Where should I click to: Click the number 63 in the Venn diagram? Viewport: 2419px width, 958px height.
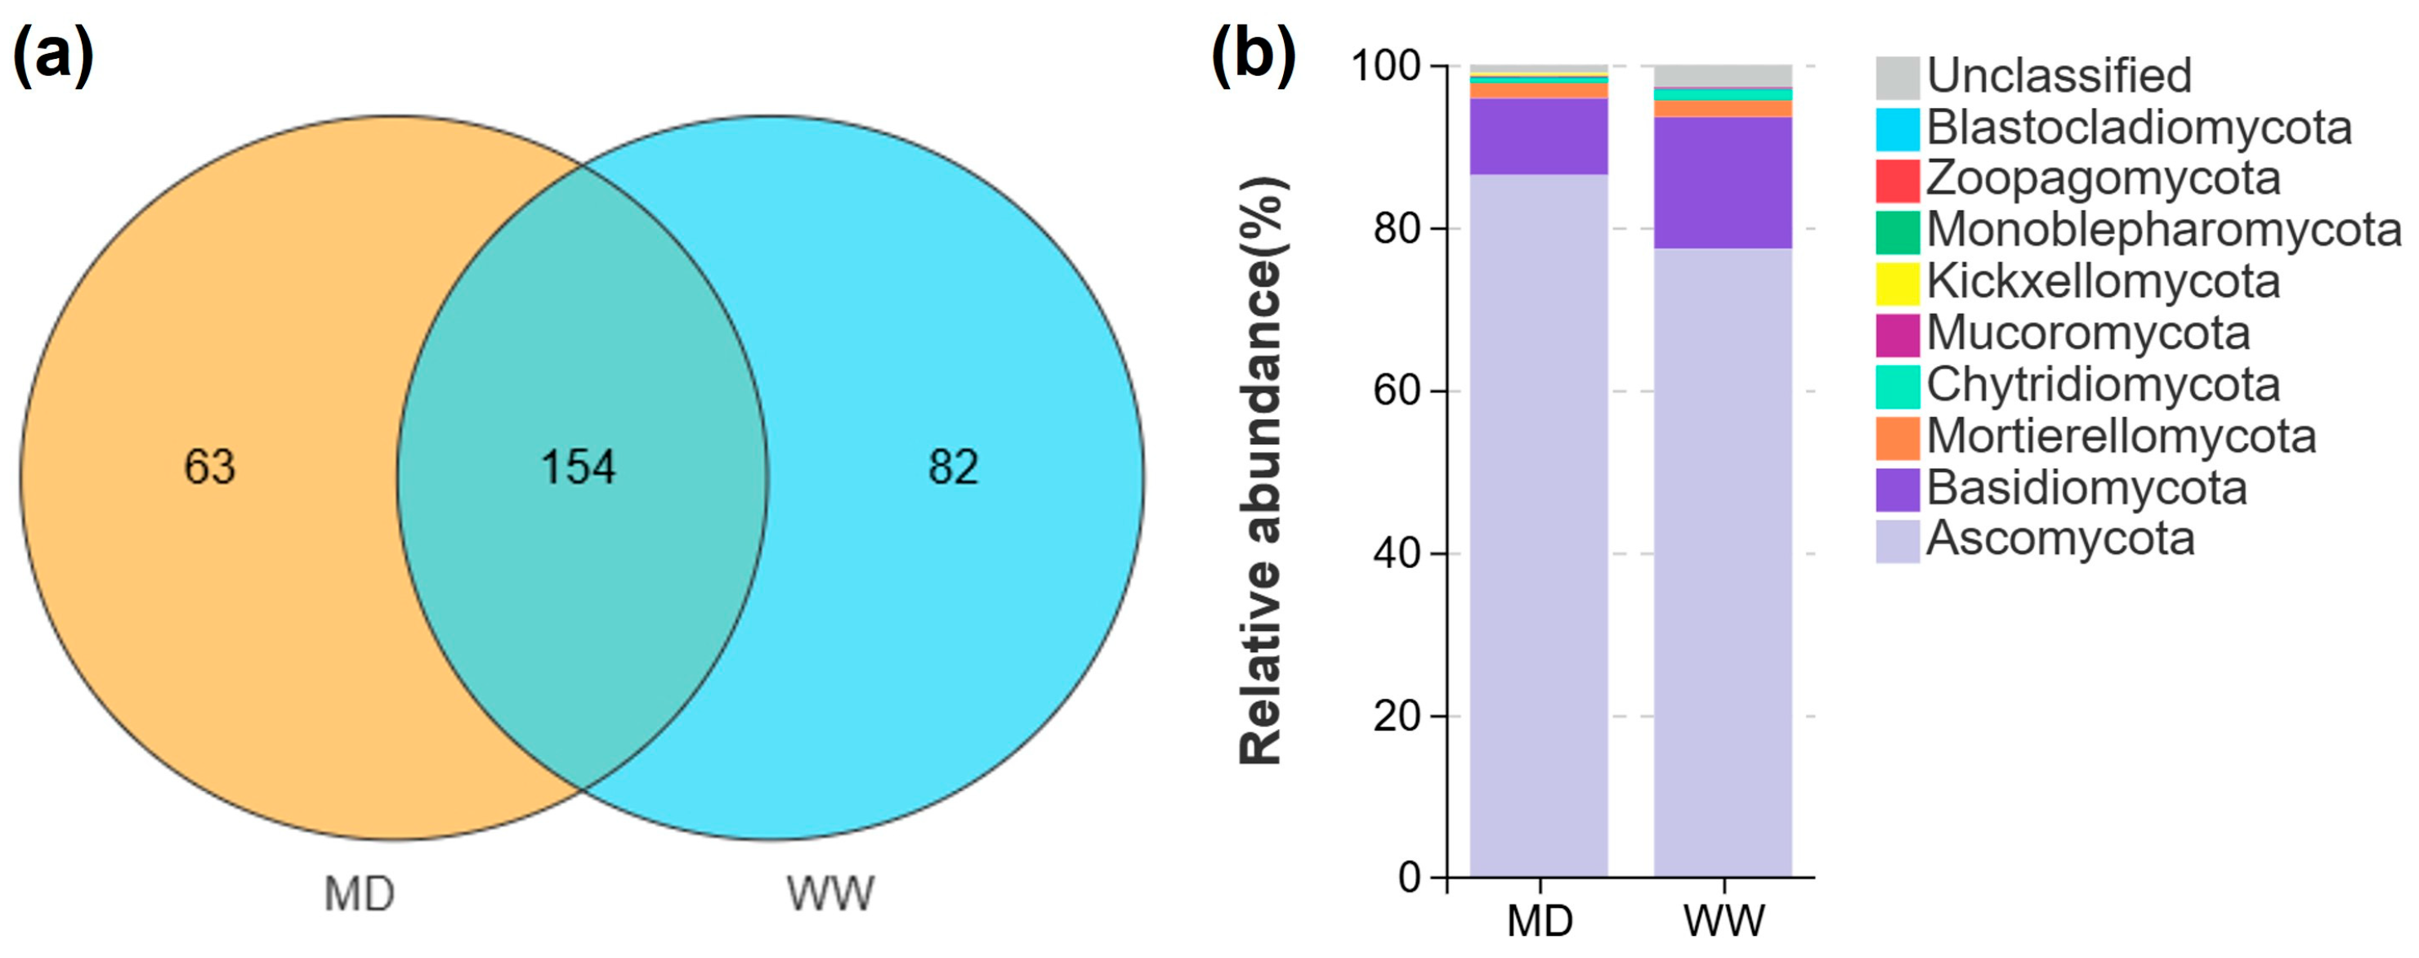coord(208,467)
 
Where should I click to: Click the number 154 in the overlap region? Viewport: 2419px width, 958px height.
coord(578,467)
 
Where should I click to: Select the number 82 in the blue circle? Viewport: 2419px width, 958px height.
coord(953,467)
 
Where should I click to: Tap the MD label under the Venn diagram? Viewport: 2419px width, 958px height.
coord(359,894)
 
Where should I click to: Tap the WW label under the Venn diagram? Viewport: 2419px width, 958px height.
coord(830,894)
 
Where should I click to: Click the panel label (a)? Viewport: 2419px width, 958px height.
coord(53,55)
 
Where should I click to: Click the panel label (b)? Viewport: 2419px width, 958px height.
coord(1253,55)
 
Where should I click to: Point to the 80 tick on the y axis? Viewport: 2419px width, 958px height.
coord(1397,228)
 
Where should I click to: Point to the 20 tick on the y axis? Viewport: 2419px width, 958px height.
coord(1397,716)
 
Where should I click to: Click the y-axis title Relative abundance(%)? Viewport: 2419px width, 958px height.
coord(1261,470)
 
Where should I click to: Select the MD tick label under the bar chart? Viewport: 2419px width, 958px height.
coord(1539,920)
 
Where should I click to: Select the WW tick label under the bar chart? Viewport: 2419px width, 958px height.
coord(1724,920)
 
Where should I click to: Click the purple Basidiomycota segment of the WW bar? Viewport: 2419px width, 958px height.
coord(1722,183)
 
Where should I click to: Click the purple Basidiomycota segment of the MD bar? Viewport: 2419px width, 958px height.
coord(1538,137)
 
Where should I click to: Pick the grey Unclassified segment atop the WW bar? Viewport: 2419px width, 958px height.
coord(1722,75)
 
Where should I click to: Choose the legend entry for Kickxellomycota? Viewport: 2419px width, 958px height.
coord(2103,282)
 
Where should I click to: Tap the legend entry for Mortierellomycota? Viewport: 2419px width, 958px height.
coord(2121,436)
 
